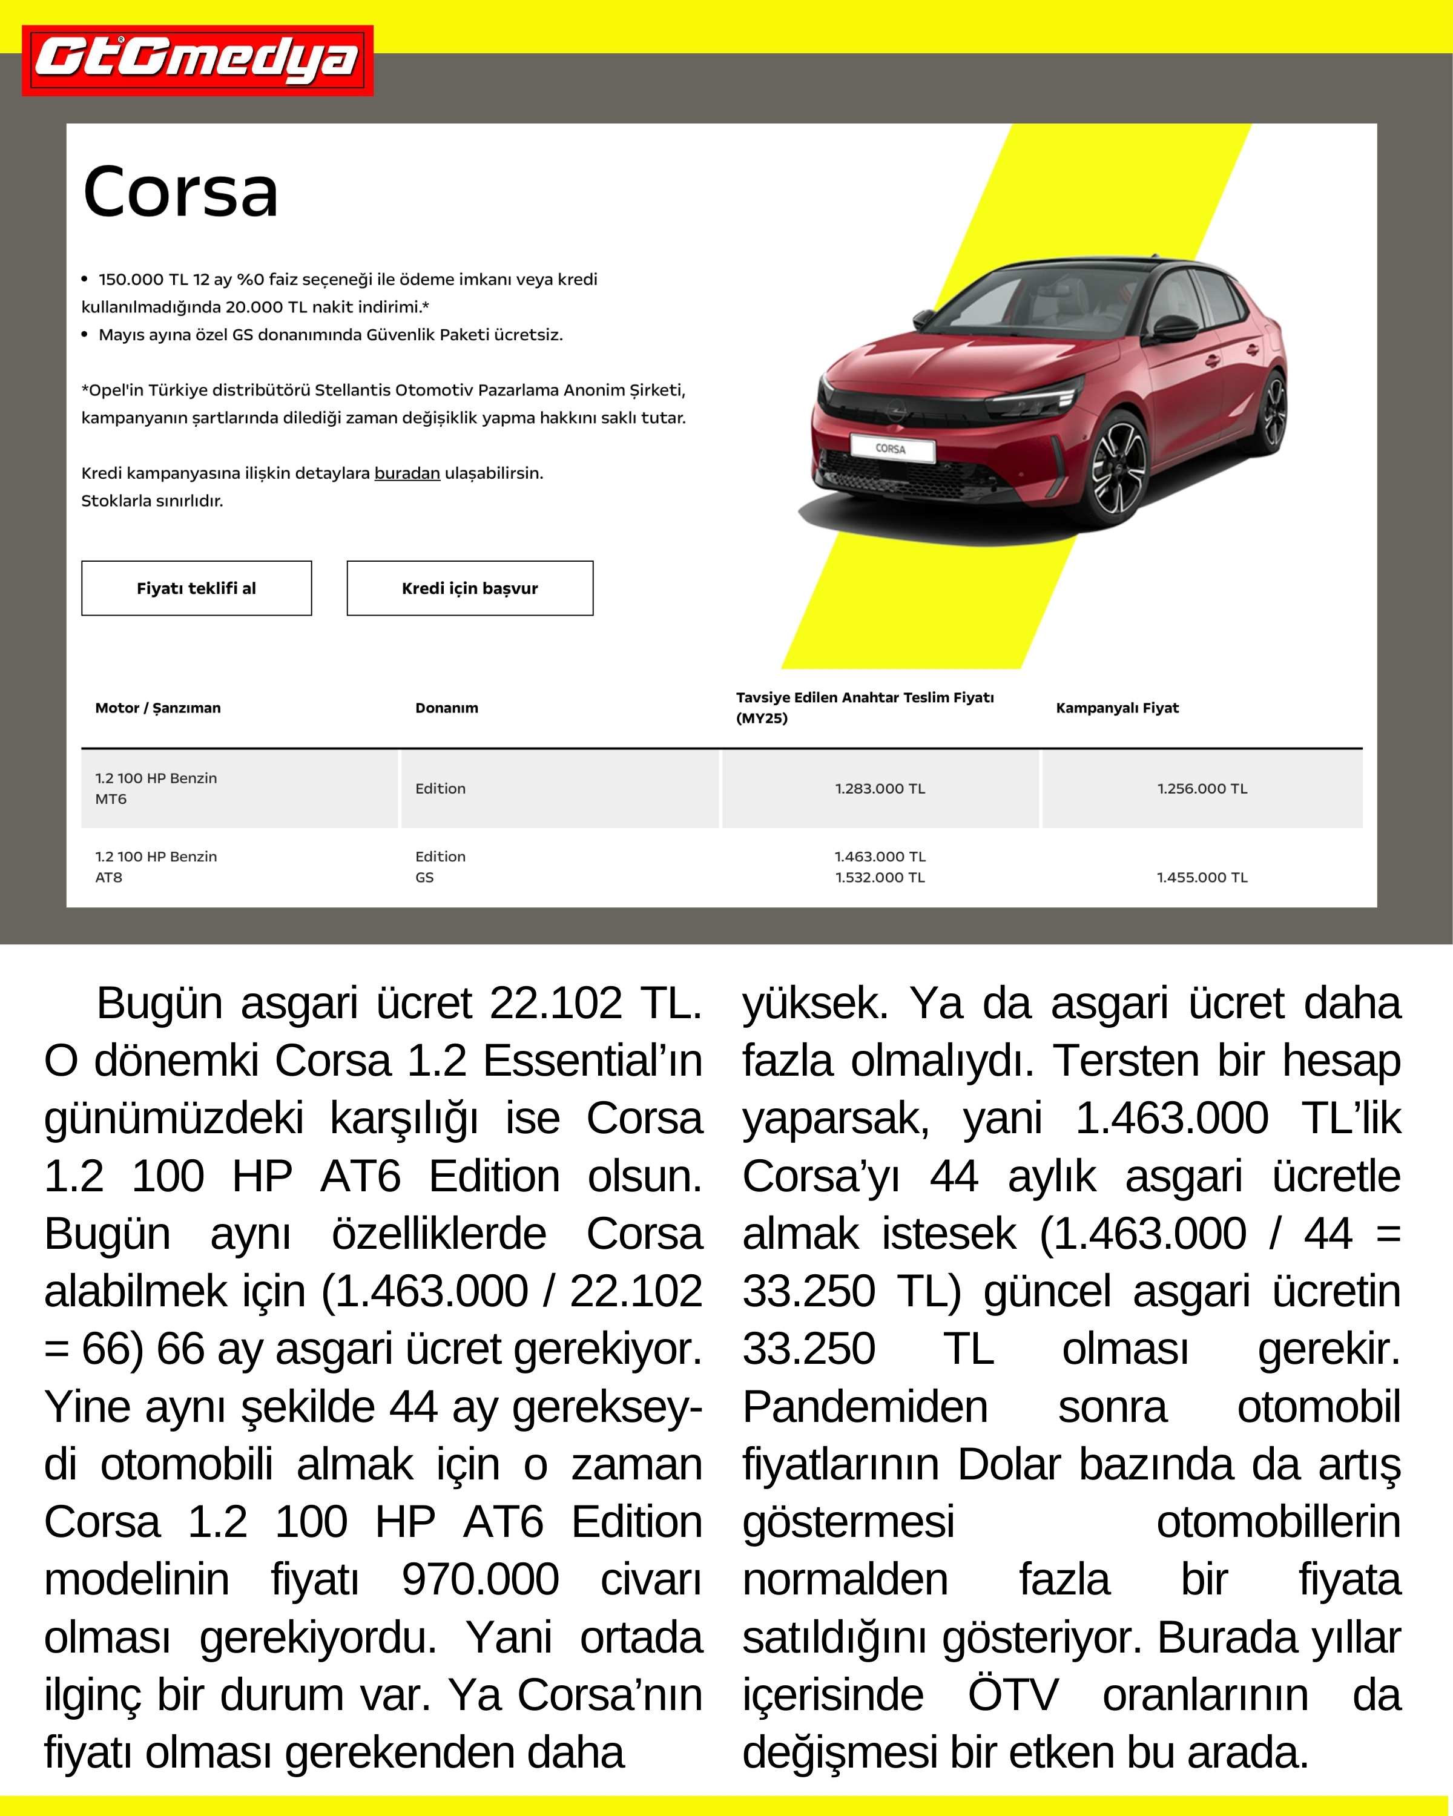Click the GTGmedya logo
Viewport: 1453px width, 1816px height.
tap(197, 61)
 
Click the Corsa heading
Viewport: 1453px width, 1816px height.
tap(180, 192)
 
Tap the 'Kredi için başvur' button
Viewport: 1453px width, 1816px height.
tap(469, 588)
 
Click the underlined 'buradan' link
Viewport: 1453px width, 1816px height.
tap(407, 473)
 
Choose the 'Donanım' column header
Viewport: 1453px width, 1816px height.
tap(446, 708)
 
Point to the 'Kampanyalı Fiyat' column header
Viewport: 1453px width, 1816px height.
tap(1117, 708)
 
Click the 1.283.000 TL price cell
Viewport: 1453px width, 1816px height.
tap(880, 788)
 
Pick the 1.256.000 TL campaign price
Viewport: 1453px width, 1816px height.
tap(1202, 788)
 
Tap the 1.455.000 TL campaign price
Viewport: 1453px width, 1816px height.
tap(1202, 877)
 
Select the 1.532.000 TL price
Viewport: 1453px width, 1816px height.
tap(880, 877)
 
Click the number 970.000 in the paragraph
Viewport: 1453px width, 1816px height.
tap(479, 1579)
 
